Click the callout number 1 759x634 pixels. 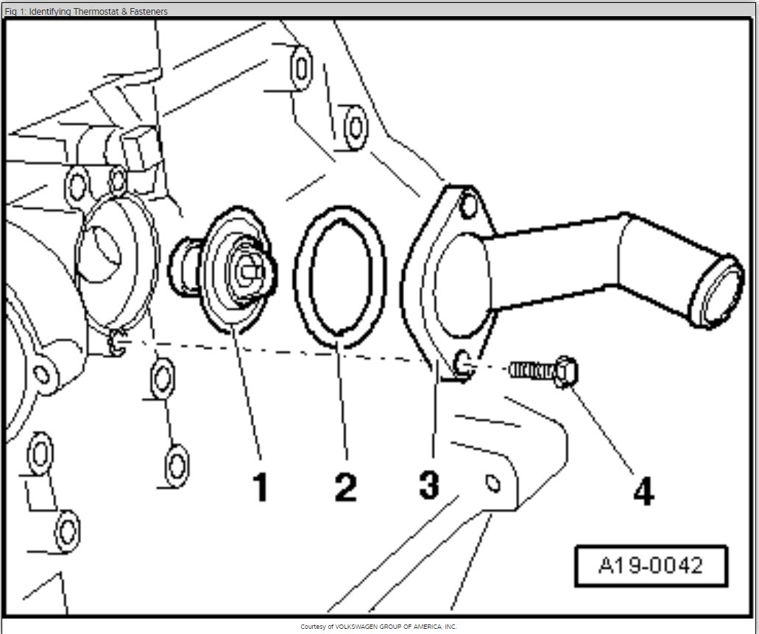(260, 487)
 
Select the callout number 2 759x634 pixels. (345, 487)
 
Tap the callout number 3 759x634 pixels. (429, 485)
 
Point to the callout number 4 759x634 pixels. (643, 491)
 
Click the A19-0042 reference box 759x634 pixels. (650, 566)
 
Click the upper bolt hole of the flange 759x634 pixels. (468, 207)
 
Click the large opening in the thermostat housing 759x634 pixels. (99, 254)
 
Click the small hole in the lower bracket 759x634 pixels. (493, 483)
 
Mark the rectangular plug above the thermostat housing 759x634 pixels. (140, 147)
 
